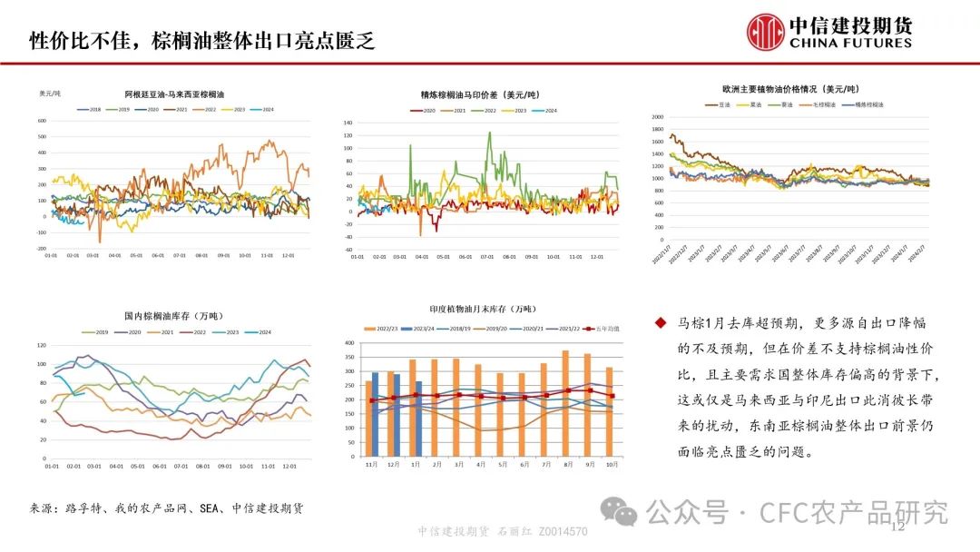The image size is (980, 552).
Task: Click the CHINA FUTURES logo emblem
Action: point(767,31)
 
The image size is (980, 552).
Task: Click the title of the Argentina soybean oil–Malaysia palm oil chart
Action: point(175,94)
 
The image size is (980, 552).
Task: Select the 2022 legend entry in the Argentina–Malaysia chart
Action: point(208,109)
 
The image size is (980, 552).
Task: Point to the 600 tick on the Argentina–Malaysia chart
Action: point(41,121)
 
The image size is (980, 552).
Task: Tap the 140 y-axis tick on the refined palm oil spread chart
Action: point(347,122)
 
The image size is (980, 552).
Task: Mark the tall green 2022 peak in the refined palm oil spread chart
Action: point(490,134)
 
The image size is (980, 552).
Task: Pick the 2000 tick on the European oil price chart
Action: point(658,117)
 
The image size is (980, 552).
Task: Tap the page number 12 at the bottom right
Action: point(899,527)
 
